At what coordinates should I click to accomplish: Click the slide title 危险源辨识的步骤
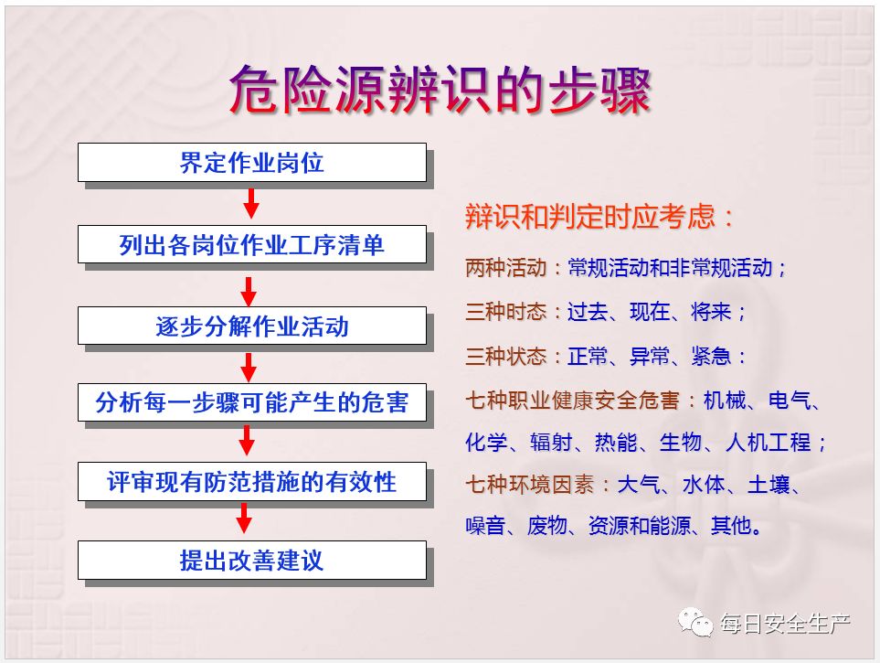(x=440, y=90)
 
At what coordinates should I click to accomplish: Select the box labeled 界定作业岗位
(x=252, y=163)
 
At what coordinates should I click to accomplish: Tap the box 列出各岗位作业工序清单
(x=252, y=244)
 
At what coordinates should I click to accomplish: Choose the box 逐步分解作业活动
(x=252, y=326)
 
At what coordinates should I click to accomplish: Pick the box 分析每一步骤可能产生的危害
(x=252, y=402)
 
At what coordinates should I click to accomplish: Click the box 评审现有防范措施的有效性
(x=252, y=482)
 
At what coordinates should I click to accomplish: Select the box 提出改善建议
(x=252, y=561)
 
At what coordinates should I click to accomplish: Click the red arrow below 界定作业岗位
(x=251, y=203)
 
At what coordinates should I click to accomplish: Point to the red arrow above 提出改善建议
(x=244, y=518)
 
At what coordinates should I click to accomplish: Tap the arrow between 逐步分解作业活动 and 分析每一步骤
(x=248, y=368)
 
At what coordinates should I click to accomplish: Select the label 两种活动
(x=505, y=267)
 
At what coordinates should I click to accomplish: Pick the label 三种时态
(x=505, y=311)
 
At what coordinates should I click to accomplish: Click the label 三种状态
(x=505, y=356)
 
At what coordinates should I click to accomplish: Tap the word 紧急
(x=711, y=356)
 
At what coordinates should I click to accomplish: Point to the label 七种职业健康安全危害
(x=572, y=400)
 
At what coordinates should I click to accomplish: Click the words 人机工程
(x=768, y=443)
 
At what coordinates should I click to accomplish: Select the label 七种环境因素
(x=529, y=484)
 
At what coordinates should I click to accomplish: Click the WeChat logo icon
(x=694, y=622)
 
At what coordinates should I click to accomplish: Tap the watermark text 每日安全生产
(x=785, y=623)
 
